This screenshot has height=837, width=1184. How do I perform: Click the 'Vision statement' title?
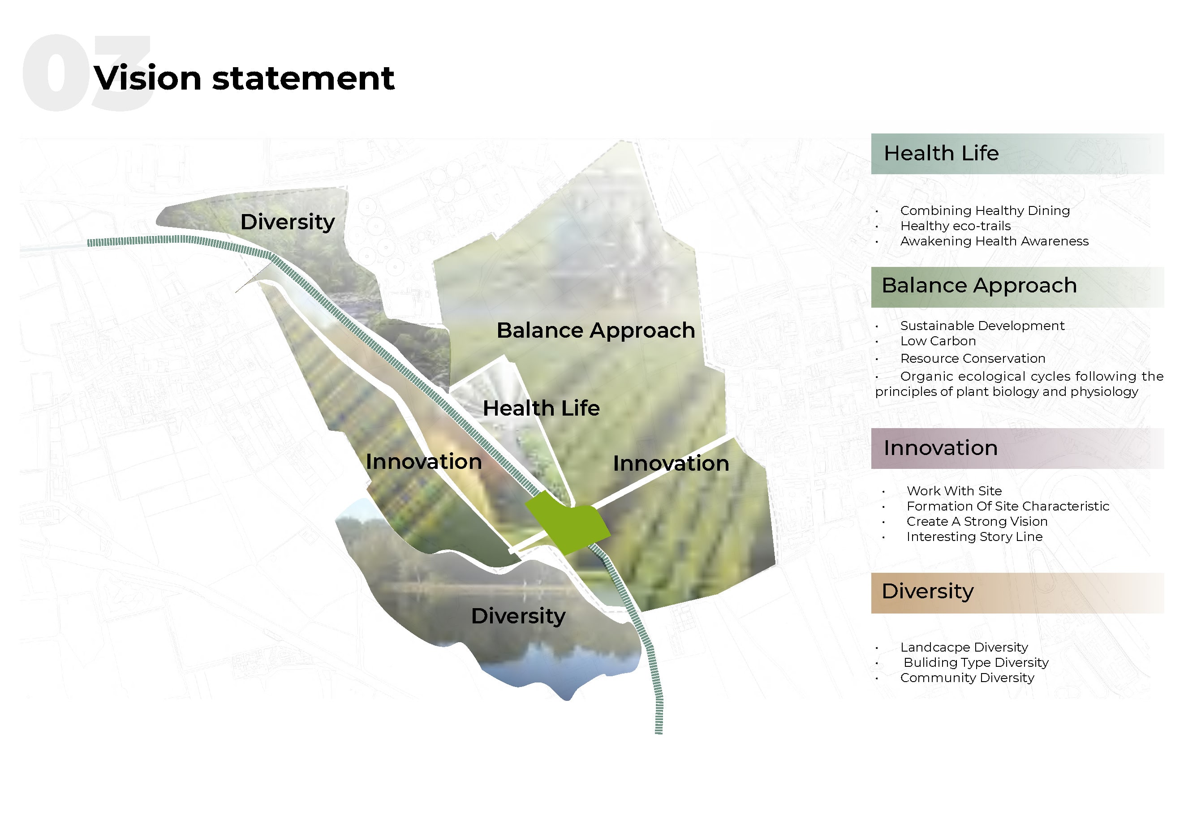244,78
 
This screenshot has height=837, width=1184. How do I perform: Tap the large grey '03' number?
86,73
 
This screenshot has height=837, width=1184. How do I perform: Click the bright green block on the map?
567,523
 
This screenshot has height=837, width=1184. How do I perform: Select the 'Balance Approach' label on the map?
596,331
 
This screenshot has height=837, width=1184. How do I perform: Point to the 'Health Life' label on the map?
541,408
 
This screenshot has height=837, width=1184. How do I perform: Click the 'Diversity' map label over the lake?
518,616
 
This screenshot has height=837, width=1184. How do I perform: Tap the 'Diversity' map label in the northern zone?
287,223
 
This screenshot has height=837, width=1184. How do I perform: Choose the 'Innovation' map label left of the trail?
423,462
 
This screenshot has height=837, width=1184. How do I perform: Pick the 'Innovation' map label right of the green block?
671,464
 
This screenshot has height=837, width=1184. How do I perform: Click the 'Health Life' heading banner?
1017,154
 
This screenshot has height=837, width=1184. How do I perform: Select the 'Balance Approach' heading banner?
1017,287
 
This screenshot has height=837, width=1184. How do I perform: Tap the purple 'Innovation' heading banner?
1017,448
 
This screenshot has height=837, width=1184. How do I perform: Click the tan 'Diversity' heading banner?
1017,592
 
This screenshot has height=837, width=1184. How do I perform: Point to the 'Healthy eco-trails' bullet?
955,226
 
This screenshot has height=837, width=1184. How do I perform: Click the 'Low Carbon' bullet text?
938,341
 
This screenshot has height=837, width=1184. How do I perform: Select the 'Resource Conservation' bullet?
973,359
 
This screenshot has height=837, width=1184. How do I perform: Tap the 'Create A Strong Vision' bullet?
977,522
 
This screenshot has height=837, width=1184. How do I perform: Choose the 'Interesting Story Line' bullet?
974,537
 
